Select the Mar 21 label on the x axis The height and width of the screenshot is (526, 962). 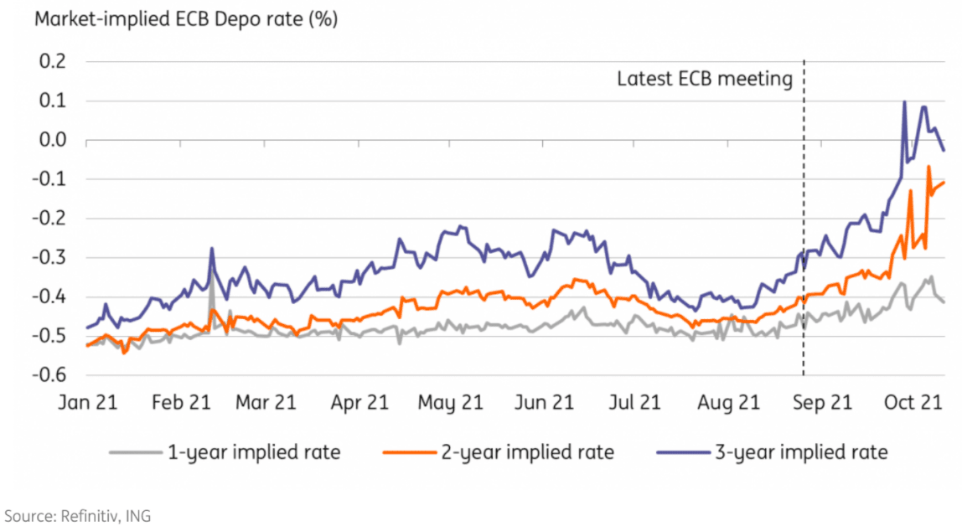click(266, 404)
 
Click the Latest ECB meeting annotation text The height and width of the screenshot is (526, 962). click(705, 80)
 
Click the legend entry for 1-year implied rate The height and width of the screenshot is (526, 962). click(254, 453)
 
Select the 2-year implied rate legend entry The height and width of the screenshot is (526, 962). click(528, 453)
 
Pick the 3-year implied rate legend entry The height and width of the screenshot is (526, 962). click(800, 453)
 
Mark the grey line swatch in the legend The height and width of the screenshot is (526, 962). click(133, 453)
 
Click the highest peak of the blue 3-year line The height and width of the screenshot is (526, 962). click(904, 102)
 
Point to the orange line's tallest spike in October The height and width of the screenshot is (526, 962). click(928, 167)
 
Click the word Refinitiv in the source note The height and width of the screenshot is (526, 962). click(91, 515)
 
